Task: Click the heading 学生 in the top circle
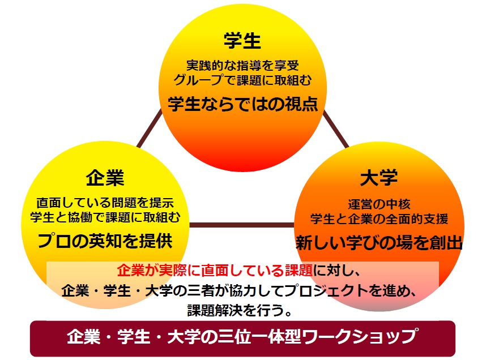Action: (x=242, y=41)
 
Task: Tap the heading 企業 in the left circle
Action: (x=105, y=178)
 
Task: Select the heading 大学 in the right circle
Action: (x=379, y=178)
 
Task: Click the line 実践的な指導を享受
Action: (x=242, y=65)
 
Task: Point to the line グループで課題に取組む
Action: (x=242, y=80)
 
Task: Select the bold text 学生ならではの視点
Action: (x=242, y=104)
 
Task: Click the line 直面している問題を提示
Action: (x=105, y=203)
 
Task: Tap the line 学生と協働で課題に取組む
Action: (x=105, y=217)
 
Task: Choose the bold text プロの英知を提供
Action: (x=105, y=241)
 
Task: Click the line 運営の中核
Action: (x=379, y=204)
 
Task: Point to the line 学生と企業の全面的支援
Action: (x=379, y=219)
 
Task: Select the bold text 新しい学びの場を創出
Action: (x=379, y=243)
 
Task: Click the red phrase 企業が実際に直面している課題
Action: (x=215, y=271)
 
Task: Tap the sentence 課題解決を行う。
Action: (x=240, y=310)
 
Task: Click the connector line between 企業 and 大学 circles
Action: (x=242, y=225)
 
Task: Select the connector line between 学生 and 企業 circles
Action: (x=150, y=128)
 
